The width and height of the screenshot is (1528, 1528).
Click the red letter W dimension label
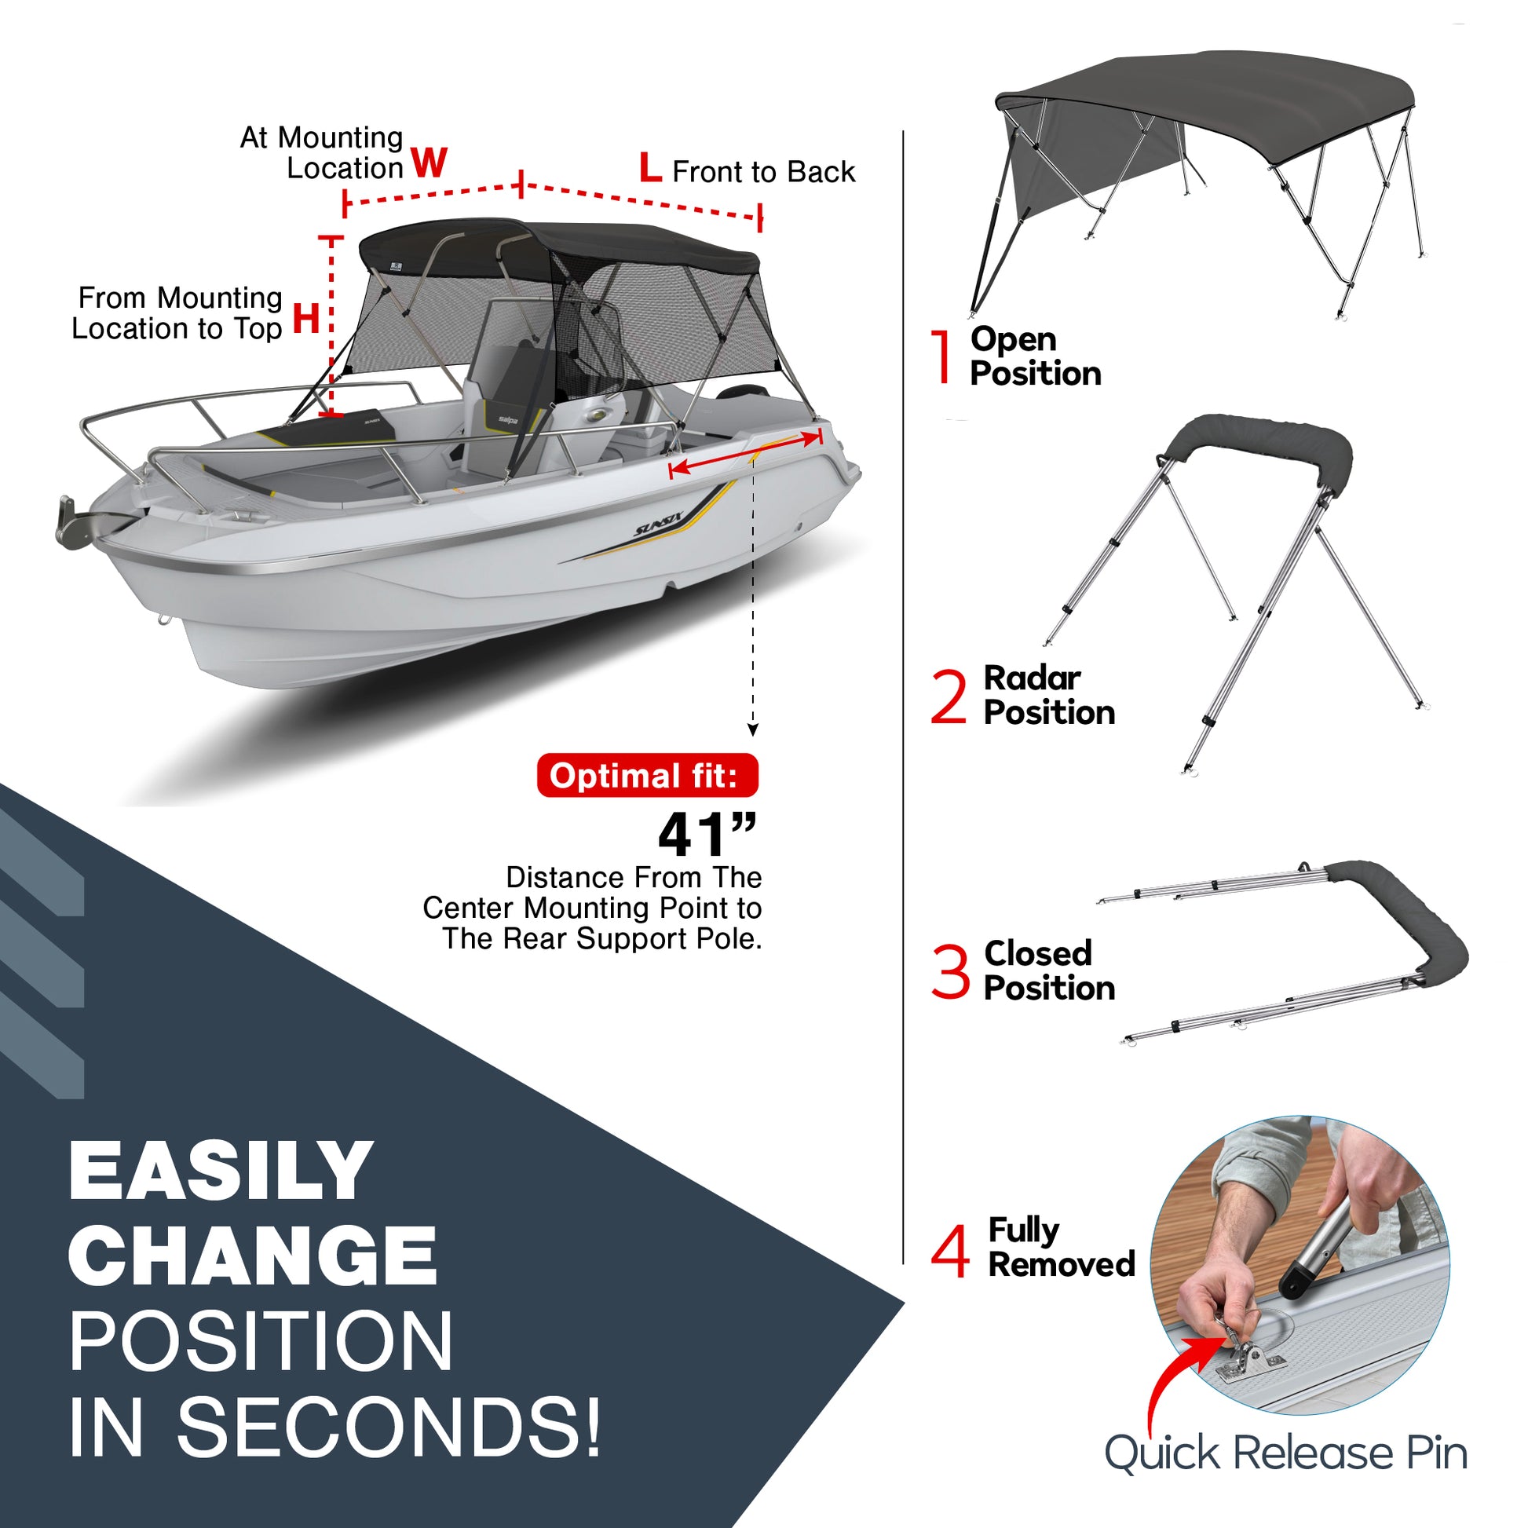430,163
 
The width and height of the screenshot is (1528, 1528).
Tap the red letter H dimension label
307,318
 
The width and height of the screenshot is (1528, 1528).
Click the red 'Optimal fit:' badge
647,776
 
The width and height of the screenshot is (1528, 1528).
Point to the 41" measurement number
707,835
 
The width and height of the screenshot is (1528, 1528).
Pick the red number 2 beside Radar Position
949,696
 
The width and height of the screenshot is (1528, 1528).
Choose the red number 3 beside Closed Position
950,971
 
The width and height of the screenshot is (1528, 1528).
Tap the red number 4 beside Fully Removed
950,1251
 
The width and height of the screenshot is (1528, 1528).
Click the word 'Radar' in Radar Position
1031,678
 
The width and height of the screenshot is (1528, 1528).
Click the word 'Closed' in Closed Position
1038,953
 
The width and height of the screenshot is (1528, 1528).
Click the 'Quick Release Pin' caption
1286,1453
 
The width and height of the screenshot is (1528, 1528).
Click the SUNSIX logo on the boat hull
658,525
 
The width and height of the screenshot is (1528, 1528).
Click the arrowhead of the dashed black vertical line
753,730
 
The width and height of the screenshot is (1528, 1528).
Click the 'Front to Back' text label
763,172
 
